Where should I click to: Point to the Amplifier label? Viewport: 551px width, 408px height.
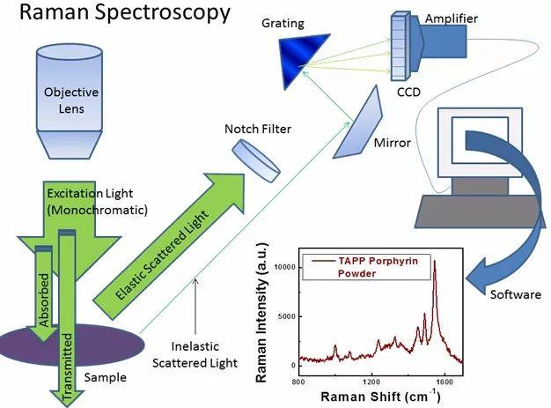[473, 19]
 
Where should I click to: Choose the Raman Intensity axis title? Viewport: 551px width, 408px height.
[261, 314]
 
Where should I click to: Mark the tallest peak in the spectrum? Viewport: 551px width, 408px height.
[433, 263]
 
